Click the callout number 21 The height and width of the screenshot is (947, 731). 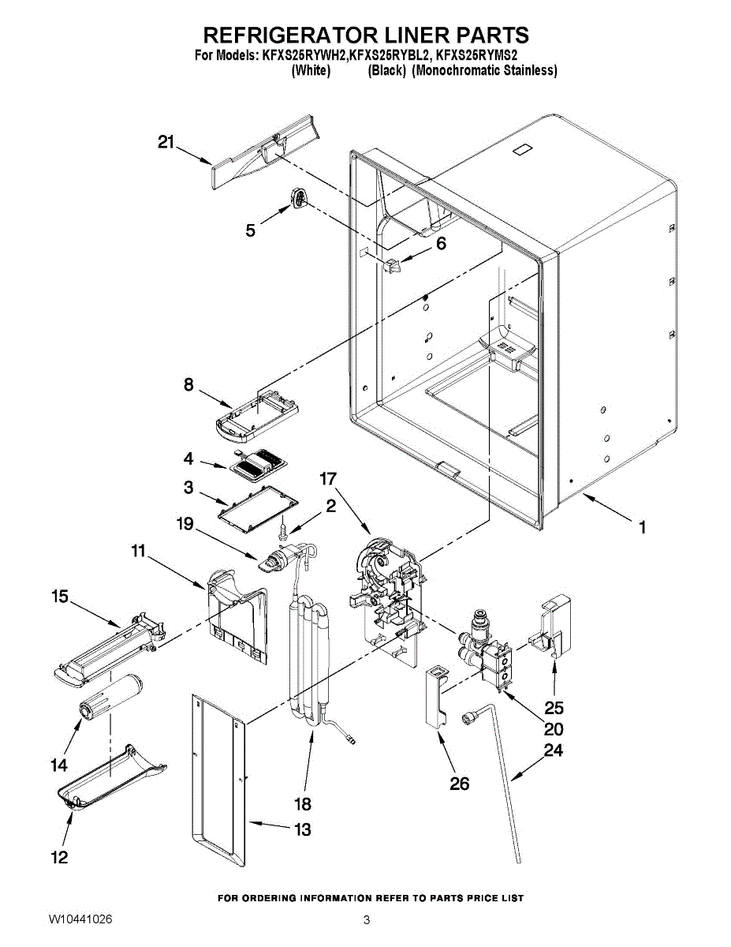pyautogui.click(x=166, y=142)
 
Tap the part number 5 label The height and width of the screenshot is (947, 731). pyautogui.click(x=250, y=230)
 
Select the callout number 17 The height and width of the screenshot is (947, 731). pyautogui.click(x=328, y=479)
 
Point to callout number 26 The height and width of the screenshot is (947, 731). pyautogui.click(x=459, y=783)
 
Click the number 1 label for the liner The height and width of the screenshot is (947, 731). pyautogui.click(x=643, y=527)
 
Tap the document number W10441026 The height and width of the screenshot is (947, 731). pyautogui.click(x=80, y=920)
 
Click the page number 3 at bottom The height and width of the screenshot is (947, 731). pyautogui.click(x=367, y=920)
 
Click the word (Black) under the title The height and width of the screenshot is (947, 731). pyautogui.click(x=386, y=70)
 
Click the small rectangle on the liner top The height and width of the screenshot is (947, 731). pyautogui.click(x=522, y=150)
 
